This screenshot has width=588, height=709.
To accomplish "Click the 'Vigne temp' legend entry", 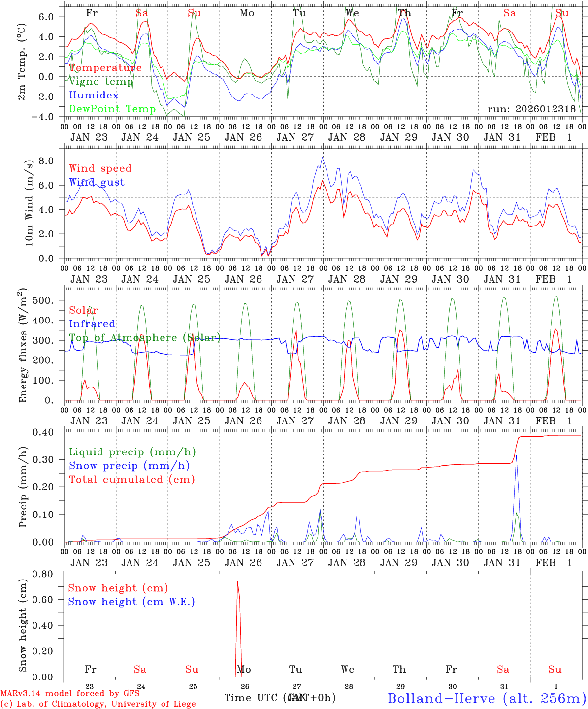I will coord(101,82).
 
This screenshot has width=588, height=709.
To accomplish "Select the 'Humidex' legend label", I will coord(94,96).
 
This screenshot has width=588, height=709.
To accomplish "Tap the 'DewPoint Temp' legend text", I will coord(112,109).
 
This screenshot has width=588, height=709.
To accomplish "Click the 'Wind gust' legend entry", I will coord(97,182).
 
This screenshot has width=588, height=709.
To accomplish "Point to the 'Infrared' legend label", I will coord(92,324).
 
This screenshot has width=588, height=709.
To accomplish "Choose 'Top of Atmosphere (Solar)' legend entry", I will coord(145,338).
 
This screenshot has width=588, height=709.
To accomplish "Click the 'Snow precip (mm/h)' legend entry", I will coord(129,466).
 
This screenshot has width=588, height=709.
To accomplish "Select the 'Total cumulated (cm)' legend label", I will coord(132,479).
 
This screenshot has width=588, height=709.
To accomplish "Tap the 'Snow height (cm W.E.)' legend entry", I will coord(131,602).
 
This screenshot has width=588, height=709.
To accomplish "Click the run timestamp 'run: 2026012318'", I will coord(531,109).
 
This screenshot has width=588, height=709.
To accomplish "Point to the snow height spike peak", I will coord(237,582).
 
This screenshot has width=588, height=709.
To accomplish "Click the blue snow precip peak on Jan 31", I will coord(516,456).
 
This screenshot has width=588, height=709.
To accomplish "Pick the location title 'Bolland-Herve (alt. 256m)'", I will coord(487,698).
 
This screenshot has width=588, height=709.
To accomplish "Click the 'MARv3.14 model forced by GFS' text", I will coord(70,693).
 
